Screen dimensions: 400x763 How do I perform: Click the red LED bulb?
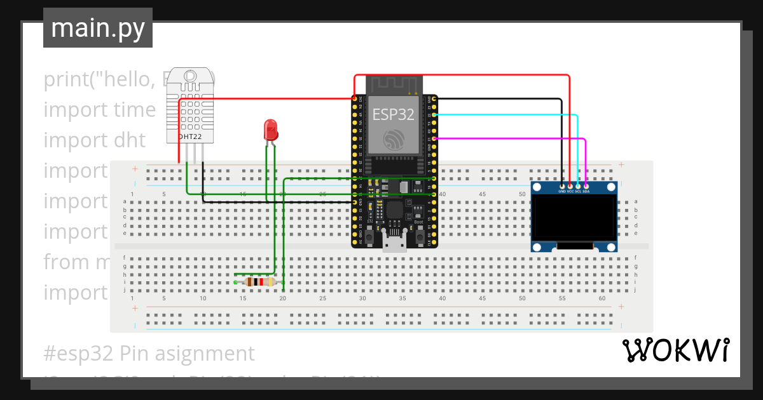point(271,130)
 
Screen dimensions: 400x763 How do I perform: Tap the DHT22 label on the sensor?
point(189,137)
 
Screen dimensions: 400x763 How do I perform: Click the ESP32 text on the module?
point(392,114)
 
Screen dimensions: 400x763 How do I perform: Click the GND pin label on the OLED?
point(562,190)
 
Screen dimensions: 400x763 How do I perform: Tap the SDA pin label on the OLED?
point(586,190)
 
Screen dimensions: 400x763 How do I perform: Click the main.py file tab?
point(98,28)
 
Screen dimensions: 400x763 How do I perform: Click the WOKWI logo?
point(675,350)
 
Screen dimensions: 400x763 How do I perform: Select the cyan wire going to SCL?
point(509,115)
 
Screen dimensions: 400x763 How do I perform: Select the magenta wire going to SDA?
point(509,138)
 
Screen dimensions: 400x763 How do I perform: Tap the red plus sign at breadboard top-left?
point(134,169)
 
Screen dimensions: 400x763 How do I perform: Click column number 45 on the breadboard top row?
point(483,194)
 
